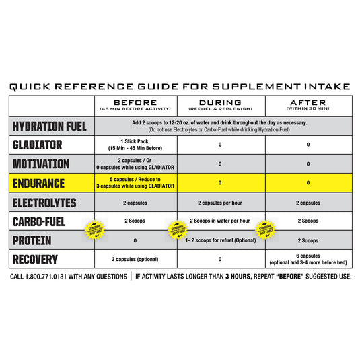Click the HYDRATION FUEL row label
tap(50, 126)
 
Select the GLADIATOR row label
tap(38, 145)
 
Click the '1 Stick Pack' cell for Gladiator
tap(136, 145)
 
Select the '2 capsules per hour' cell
tap(221, 202)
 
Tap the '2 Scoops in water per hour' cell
tap(220, 221)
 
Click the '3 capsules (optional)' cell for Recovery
tap(136, 259)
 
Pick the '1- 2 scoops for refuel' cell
tap(221, 240)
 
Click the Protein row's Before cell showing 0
tap(136, 240)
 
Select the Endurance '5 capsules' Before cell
tap(136, 182)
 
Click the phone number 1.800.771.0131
tap(61, 277)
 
